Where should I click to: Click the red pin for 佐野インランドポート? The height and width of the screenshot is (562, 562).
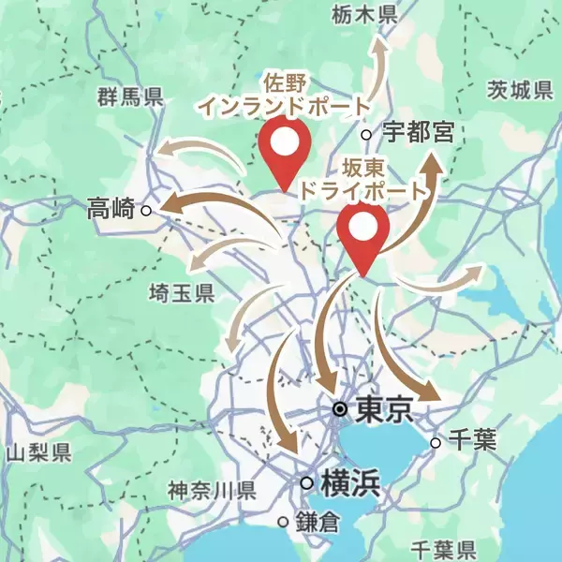coord(285,150)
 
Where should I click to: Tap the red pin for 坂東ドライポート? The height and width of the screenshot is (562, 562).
coord(363,234)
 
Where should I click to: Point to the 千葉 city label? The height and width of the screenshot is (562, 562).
coord(472,441)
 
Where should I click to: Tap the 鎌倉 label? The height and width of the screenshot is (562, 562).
coord(314,521)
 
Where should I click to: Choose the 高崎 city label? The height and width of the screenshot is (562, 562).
coord(111,210)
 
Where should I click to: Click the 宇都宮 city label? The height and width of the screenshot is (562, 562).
coord(419,133)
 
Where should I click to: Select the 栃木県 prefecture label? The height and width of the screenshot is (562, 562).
coord(365,14)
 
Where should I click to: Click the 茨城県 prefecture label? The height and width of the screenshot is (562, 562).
coord(521,91)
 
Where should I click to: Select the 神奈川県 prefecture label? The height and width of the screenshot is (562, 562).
coord(212,489)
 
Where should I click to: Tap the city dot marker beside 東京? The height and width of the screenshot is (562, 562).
coord(342,410)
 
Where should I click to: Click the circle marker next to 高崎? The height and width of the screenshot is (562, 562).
coord(146,211)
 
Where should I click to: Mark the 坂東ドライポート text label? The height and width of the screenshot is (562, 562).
coord(360,179)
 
